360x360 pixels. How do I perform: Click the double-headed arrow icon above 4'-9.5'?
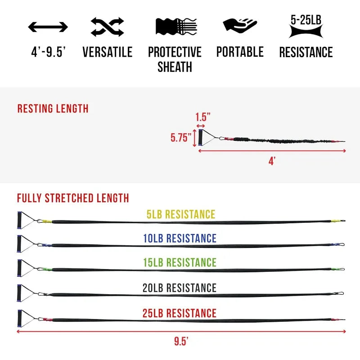pos(48,27)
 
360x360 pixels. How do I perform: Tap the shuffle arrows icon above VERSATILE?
pos(107,27)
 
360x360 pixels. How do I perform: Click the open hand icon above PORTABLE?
pos(239,25)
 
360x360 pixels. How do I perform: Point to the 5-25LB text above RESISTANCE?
pos(306,19)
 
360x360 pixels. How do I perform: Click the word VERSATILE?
pos(107,52)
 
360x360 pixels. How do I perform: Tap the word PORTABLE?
pos(240,52)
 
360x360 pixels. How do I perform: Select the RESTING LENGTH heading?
pos(53,109)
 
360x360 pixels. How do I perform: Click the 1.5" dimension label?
pos(203,117)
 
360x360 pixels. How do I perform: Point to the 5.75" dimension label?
pos(181,138)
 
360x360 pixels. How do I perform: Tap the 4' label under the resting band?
pos(272,161)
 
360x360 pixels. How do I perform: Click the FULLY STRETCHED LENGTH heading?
pos(73,198)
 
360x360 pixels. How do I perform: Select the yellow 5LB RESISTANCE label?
pos(181,214)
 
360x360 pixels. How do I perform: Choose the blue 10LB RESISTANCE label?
pos(180,238)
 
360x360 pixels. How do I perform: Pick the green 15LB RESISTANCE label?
pos(180,262)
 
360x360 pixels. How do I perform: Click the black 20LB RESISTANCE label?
pos(180,288)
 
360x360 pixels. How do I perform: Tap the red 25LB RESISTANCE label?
pos(180,313)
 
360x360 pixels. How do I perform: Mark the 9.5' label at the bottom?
pos(181,341)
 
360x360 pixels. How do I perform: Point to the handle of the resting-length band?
pos(200,138)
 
